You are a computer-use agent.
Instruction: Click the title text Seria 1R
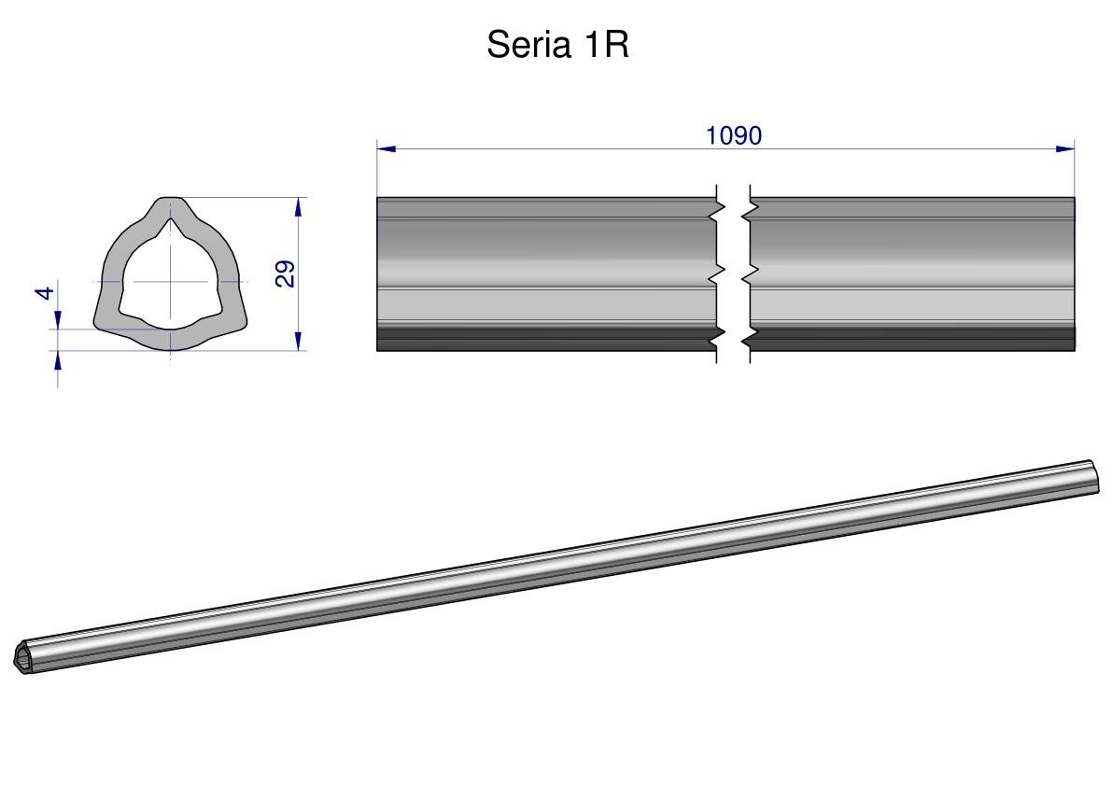point(557,45)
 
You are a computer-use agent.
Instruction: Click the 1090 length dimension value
point(733,135)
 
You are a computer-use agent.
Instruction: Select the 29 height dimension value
point(285,274)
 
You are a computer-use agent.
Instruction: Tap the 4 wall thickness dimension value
point(46,293)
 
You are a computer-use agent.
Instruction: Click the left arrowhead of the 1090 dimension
point(386,148)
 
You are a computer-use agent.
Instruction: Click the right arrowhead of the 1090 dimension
point(1065,148)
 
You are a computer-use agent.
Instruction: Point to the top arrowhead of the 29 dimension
point(299,207)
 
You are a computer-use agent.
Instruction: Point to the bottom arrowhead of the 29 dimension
point(299,341)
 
